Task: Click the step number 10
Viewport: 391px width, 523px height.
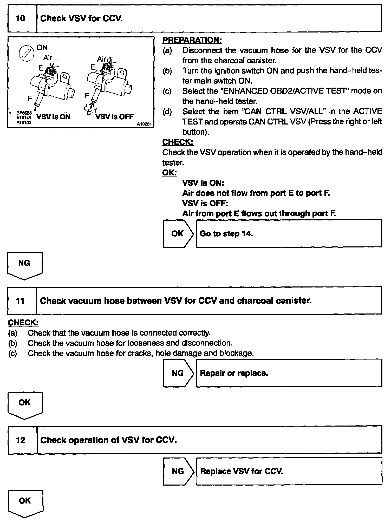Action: (21, 18)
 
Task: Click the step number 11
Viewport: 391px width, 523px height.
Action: (20, 301)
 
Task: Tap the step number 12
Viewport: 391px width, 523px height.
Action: (21, 440)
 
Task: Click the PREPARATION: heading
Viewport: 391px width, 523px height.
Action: (192, 40)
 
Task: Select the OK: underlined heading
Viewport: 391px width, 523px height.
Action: (170, 173)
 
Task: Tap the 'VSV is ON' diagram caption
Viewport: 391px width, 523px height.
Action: (54, 117)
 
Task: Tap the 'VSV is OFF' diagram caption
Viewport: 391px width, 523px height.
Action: (114, 117)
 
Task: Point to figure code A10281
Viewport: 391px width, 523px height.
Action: (144, 124)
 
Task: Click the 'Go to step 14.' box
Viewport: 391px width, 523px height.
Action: (289, 234)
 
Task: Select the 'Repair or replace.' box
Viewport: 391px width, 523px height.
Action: (289, 373)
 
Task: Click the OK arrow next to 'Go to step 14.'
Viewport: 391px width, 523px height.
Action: (178, 234)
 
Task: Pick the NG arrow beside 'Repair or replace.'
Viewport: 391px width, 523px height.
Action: (178, 373)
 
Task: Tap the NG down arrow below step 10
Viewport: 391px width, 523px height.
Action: (25, 265)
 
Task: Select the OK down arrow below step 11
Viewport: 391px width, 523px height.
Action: (25, 404)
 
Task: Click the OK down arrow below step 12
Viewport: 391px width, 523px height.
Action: (25, 503)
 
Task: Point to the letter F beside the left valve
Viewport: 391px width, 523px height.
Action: (30, 98)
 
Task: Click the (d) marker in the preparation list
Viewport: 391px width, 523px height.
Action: (167, 112)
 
